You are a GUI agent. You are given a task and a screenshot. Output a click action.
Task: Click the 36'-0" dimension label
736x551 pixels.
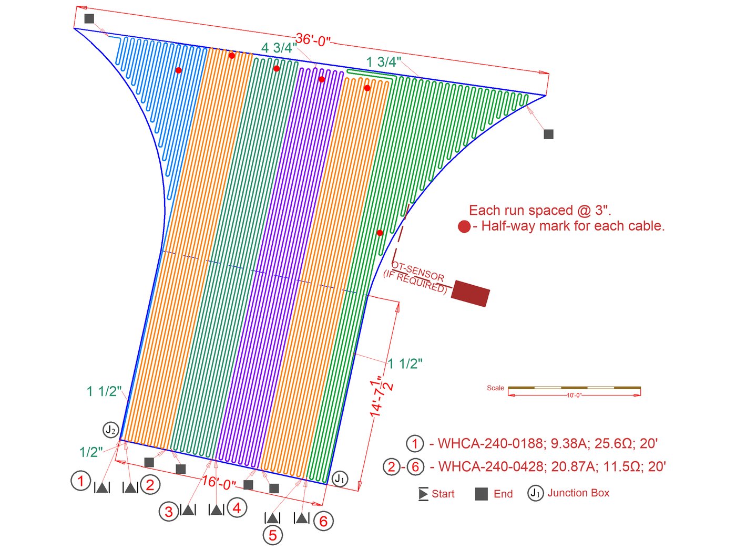(313, 40)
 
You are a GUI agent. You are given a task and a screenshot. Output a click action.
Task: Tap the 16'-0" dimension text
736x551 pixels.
(219, 483)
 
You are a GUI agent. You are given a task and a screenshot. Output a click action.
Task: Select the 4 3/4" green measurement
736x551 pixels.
(279, 48)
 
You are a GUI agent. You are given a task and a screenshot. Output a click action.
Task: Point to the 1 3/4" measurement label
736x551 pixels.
(384, 62)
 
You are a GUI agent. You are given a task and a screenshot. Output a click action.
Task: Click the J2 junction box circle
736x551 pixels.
(110, 430)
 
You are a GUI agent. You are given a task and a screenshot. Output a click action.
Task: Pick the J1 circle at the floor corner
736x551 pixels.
(340, 480)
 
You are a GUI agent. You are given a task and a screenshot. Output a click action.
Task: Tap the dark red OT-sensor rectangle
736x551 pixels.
(470, 294)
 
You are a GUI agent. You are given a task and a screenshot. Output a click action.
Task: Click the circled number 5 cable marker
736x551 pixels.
(273, 535)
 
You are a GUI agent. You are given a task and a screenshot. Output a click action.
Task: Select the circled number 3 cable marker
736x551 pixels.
(169, 512)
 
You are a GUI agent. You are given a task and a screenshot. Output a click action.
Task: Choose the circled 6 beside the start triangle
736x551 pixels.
(323, 521)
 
